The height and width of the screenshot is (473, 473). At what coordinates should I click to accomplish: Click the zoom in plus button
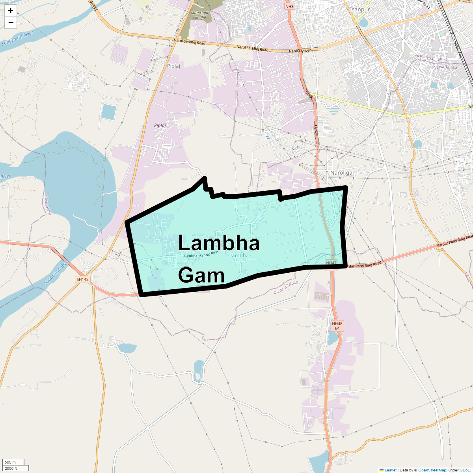11,11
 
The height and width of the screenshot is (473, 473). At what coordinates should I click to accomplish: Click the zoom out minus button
11,22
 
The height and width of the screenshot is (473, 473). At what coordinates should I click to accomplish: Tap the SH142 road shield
83,279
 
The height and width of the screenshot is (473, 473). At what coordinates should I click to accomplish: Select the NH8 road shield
290,7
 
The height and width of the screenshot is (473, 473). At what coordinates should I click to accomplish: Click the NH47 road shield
331,263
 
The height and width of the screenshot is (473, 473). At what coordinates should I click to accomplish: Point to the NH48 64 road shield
337,326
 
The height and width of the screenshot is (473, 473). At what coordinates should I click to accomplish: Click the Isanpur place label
359,9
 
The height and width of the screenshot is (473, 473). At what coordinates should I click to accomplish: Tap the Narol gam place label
344,173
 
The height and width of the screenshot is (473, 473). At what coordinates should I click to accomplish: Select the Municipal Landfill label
199,15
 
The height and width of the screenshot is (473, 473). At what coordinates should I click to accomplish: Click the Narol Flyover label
300,51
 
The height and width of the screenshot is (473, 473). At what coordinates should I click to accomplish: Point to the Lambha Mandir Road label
201,255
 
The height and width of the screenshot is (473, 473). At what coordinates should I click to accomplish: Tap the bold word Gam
201,275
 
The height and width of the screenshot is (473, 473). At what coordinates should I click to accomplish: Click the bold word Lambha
219,244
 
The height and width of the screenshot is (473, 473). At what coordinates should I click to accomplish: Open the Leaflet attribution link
390,470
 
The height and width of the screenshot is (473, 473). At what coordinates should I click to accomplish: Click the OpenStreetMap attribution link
432,470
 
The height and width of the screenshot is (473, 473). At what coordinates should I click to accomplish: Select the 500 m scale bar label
10,462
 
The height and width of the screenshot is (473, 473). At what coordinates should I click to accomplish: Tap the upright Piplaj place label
173,66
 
